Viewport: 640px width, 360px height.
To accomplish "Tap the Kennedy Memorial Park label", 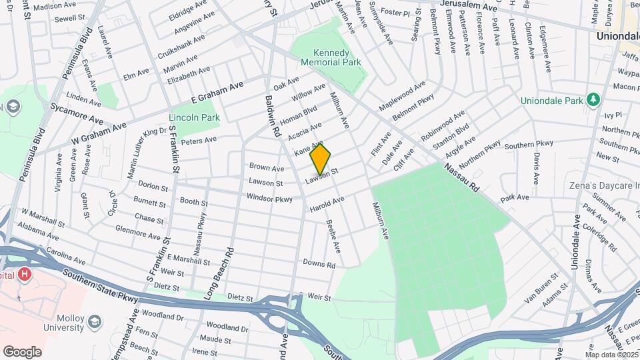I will click(331, 57).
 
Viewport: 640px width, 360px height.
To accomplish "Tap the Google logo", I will click(22, 352).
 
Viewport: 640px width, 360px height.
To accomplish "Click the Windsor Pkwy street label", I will click(269, 199).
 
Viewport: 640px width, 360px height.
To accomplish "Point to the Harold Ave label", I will click(327, 205).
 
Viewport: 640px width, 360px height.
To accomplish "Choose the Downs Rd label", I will click(319, 264).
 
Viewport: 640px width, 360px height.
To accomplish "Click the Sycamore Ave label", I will click(77, 115).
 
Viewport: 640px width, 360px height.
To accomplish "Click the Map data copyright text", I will click(611, 355).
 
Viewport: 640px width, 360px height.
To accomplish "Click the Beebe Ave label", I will click(333, 237).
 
